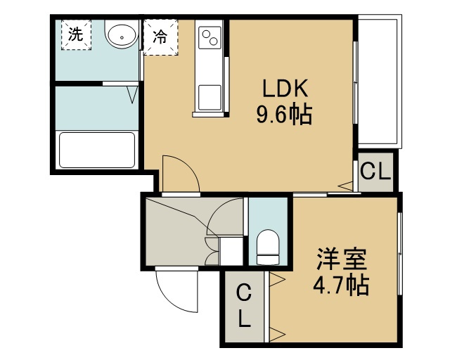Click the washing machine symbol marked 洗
(76, 34)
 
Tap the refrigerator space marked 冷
(161, 37)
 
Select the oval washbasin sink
(122, 34)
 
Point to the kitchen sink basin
(210, 97)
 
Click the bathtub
(97, 150)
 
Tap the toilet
(268, 247)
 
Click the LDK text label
(285, 88)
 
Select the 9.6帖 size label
(284, 115)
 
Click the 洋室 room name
(341, 259)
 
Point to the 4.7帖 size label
(340, 285)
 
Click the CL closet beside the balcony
(375, 172)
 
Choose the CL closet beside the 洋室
(244, 307)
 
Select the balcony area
(378, 82)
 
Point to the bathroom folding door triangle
(132, 95)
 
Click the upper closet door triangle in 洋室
(277, 279)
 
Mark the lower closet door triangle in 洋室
(277, 335)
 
